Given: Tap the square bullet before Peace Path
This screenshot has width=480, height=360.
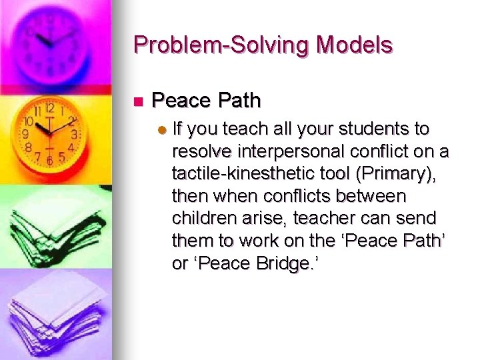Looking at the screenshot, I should (x=139, y=102).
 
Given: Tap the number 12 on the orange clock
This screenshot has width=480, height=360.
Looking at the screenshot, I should (x=49, y=108).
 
